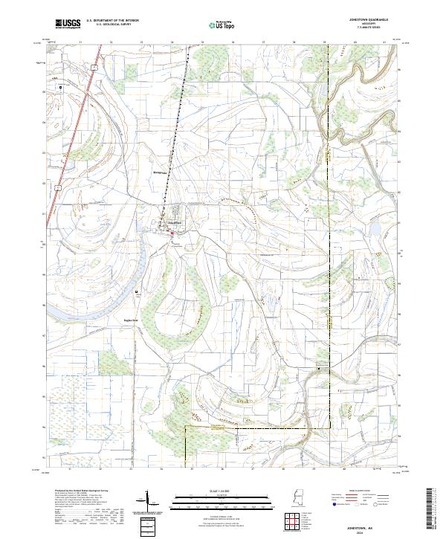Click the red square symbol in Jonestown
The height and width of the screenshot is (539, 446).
[x=172, y=233]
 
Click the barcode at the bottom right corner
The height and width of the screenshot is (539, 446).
[x=430, y=512]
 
